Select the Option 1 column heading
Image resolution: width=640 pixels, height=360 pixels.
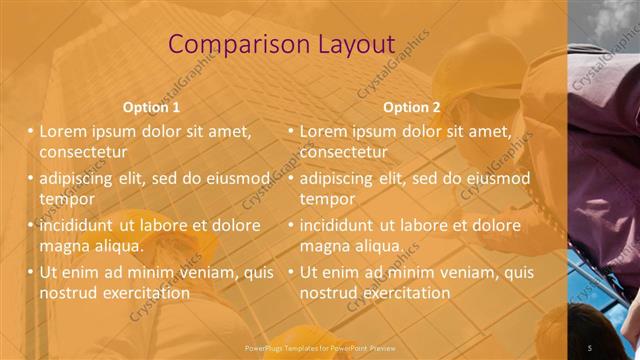(151, 107)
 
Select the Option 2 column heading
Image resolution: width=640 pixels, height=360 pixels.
(411, 107)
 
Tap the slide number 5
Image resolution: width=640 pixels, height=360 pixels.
(590, 346)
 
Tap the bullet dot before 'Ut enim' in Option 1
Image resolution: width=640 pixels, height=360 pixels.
(31, 271)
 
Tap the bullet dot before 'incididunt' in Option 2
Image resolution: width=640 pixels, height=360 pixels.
(291, 225)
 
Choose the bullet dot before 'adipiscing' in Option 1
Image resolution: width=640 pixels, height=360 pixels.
(31, 178)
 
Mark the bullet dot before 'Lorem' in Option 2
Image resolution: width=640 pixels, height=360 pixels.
(291, 131)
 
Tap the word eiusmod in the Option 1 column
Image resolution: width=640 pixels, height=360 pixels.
(237, 178)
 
